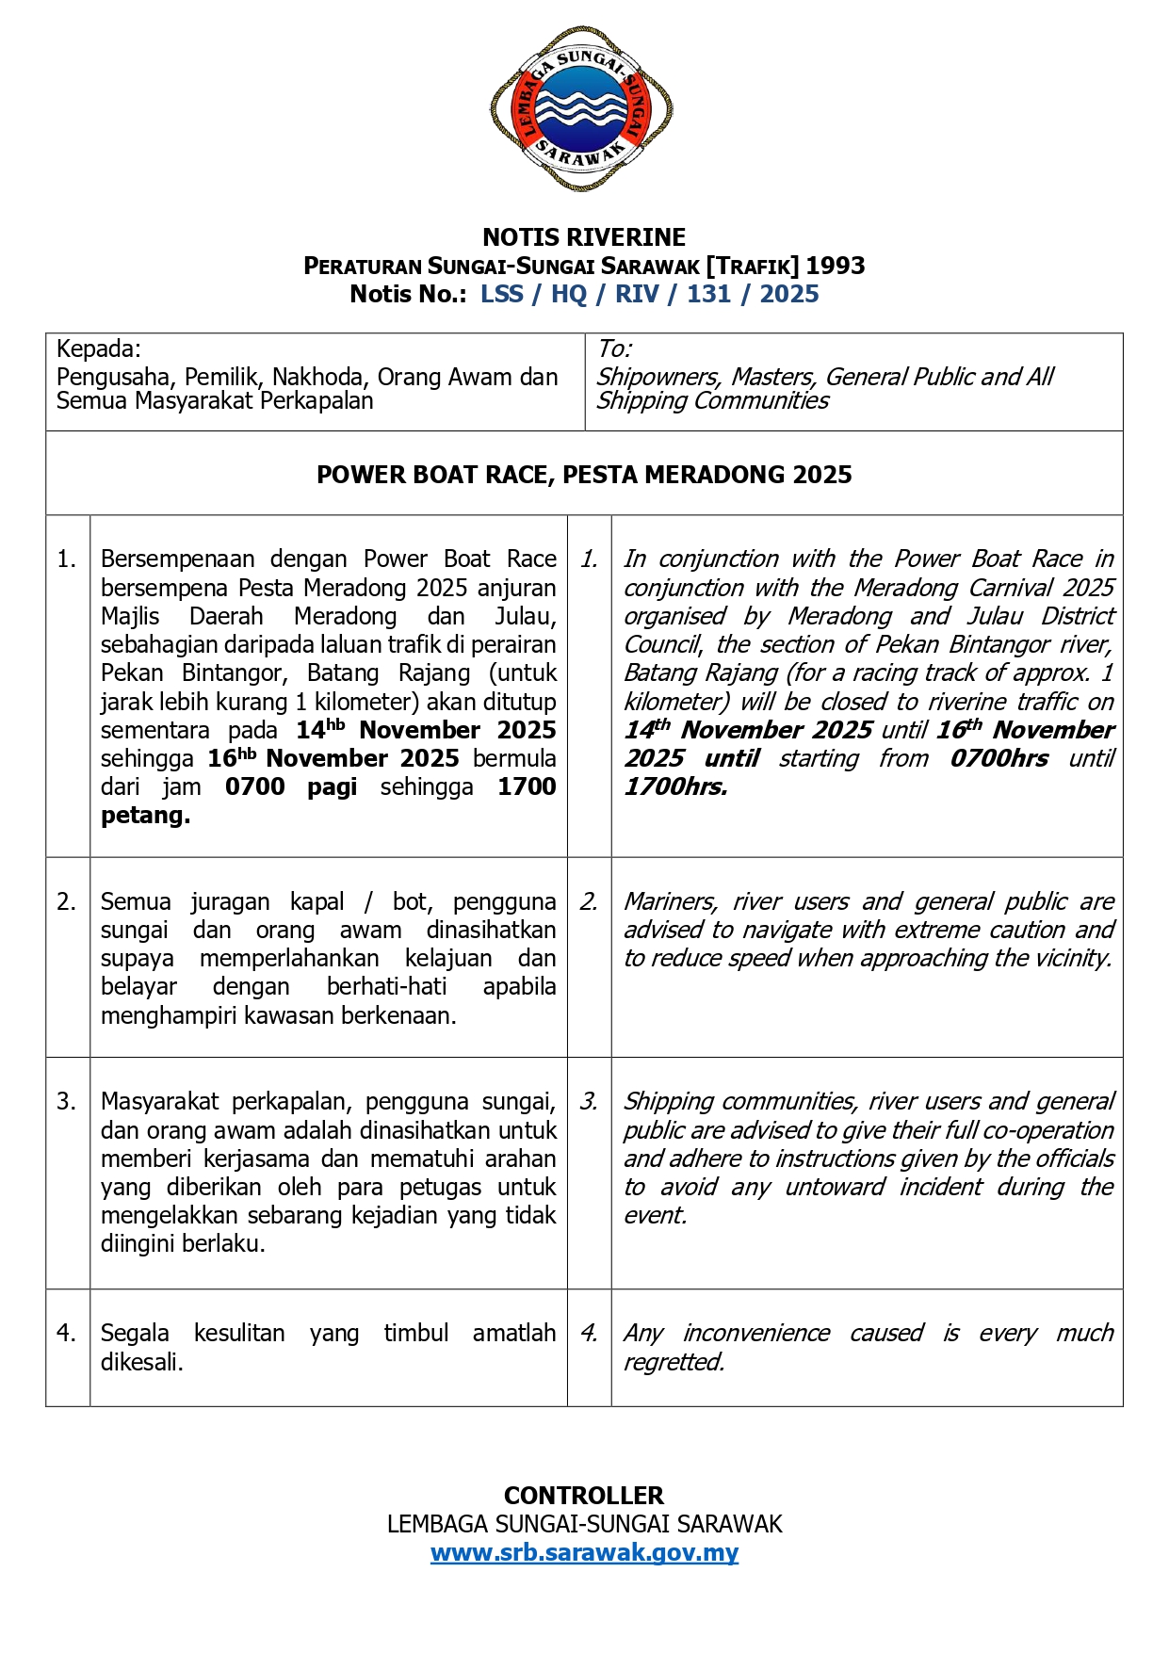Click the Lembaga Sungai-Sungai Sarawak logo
tap(582, 110)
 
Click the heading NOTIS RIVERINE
tap(584, 237)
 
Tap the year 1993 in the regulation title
tap(835, 266)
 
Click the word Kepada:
tap(99, 349)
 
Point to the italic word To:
tap(614, 349)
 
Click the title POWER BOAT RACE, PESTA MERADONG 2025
tap(584, 475)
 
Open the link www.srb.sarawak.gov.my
tap(584, 1552)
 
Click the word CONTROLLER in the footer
tap(584, 1496)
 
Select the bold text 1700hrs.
tap(675, 787)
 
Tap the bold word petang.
tap(145, 816)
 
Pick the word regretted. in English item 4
tap(674, 1362)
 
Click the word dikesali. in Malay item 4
tap(142, 1362)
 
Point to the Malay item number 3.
tap(66, 1102)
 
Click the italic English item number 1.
tap(589, 559)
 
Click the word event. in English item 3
tap(655, 1215)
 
